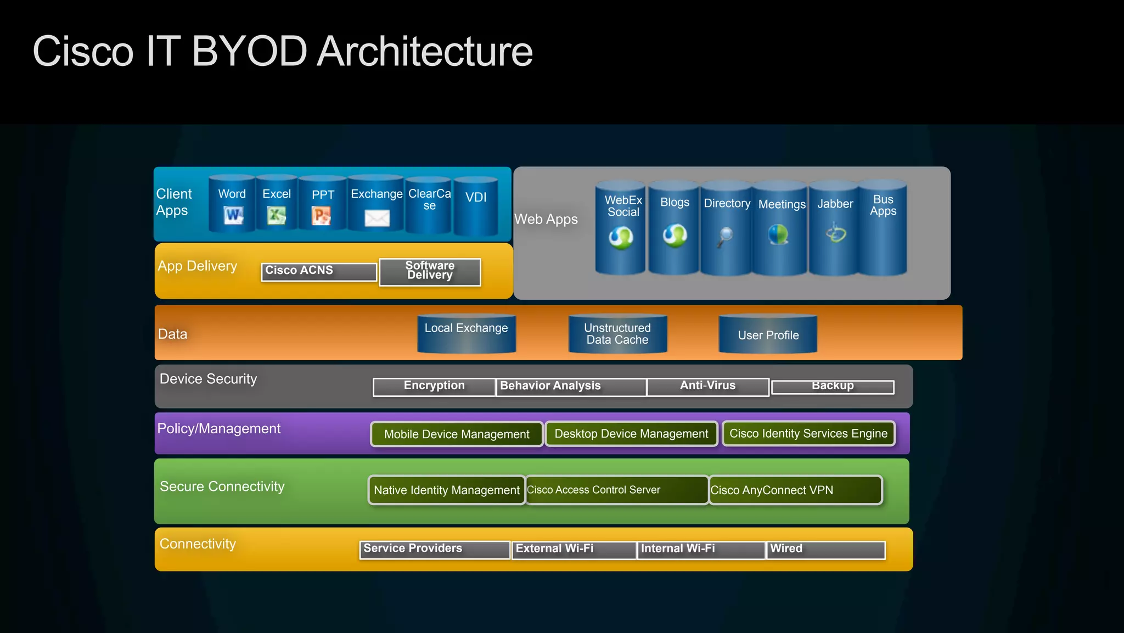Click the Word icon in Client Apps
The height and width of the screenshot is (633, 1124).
pyautogui.click(x=233, y=215)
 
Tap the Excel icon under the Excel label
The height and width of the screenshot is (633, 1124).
pyautogui.click(x=277, y=215)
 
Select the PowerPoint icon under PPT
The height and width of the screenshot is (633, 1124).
pyautogui.click(x=322, y=215)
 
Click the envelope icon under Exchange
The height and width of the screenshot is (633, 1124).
pyautogui.click(x=377, y=219)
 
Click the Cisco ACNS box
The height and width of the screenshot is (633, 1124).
pyautogui.click(x=319, y=271)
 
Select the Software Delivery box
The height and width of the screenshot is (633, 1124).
pyautogui.click(x=430, y=271)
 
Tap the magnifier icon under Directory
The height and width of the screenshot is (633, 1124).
pyautogui.click(x=725, y=237)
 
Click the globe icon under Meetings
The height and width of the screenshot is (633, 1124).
pyautogui.click(x=778, y=234)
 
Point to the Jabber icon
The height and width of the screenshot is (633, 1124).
pyautogui.click(x=836, y=233)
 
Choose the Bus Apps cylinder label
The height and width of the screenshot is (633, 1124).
pyautogui.click(x=883, y=205)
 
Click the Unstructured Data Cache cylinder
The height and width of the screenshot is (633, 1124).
pyautogui.click(x=617, y=334)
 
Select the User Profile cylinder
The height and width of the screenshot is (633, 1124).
pyautogui.click(x=768, y=334)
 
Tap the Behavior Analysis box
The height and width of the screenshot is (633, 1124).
pyautogui.click(x=571, y=386)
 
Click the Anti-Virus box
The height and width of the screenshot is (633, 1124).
pyautogui.click(x=707, y=386)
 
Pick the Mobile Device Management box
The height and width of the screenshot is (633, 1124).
pyautogui.click(x=457, y=434)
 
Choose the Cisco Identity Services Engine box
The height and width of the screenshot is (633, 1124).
pyautogui.click(x=808, y=434)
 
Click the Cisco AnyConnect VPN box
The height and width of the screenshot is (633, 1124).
pyautogui.click(x=795, y=490)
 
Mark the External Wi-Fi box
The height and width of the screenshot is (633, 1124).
pyautogui.click(x=574, y=550)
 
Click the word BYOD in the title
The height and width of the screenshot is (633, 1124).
pyautogui.click(x=249, y=52)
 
